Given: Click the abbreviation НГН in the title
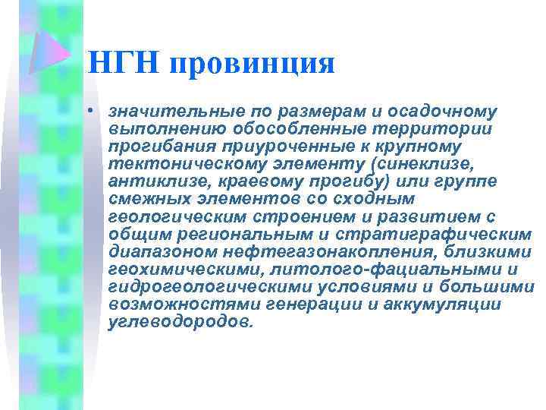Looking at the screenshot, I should click(x=124, y=63).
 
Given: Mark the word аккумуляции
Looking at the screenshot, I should click(x=446, y=304).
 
